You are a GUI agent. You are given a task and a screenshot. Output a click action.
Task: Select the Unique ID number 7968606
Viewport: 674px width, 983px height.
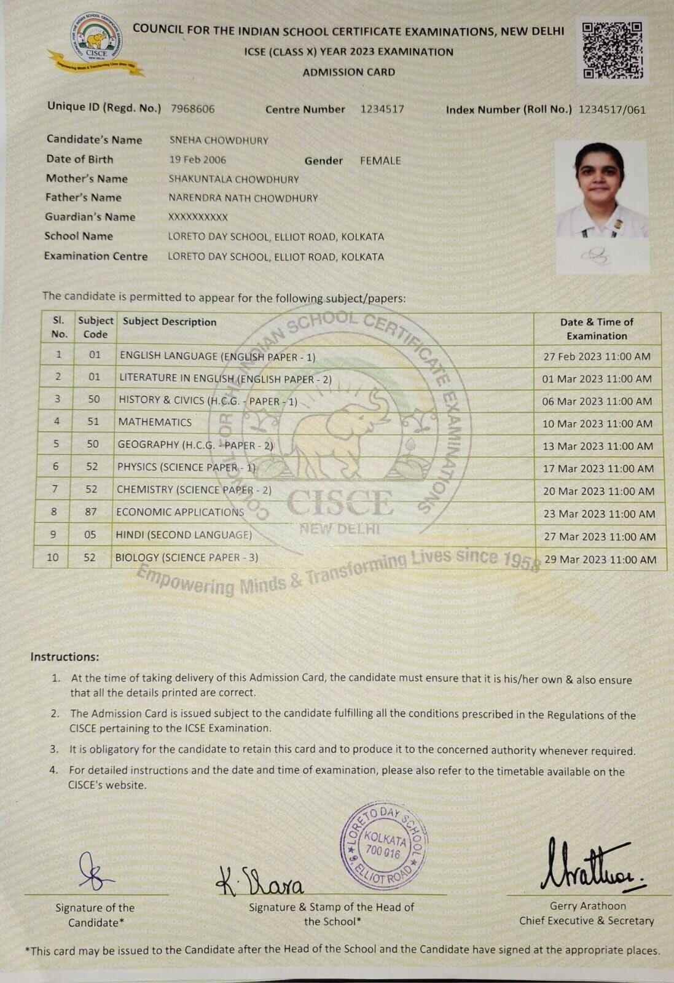(x=192, y=109)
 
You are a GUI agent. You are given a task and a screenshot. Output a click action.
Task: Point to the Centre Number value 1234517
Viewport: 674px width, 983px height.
(x=382, y=109)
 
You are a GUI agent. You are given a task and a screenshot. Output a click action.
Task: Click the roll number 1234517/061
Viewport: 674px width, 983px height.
(x=612, y=110)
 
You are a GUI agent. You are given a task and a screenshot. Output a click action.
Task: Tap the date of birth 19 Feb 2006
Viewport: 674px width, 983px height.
(x=197, y=160)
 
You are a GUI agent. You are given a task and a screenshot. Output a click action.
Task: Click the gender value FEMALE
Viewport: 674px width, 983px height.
(x=380, y=160)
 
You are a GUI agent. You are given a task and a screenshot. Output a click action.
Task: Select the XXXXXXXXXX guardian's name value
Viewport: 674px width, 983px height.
(x=198, y=217)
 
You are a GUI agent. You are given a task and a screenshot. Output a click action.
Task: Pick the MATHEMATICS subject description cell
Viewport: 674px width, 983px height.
(x=155, y=422)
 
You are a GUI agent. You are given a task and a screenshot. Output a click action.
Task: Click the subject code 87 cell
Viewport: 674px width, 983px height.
(x=91, y=512)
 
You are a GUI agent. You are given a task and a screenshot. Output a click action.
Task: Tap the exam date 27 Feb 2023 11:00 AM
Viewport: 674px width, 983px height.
(x=597, y=356)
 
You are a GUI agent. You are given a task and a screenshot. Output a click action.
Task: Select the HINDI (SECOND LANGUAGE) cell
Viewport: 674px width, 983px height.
(x=184, y=535)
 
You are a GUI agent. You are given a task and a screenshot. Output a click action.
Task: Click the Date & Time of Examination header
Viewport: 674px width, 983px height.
(x=597, y=329)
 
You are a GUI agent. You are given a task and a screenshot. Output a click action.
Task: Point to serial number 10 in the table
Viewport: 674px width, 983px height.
(x=53, y=557)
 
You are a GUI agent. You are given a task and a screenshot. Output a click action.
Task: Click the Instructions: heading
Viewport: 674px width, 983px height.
(x=65, y=657)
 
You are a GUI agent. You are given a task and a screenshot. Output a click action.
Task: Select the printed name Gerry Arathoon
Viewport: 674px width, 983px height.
(x=587, y=906)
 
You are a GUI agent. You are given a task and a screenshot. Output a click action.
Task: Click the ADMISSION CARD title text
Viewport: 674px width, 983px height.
(x=348, y=72)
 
